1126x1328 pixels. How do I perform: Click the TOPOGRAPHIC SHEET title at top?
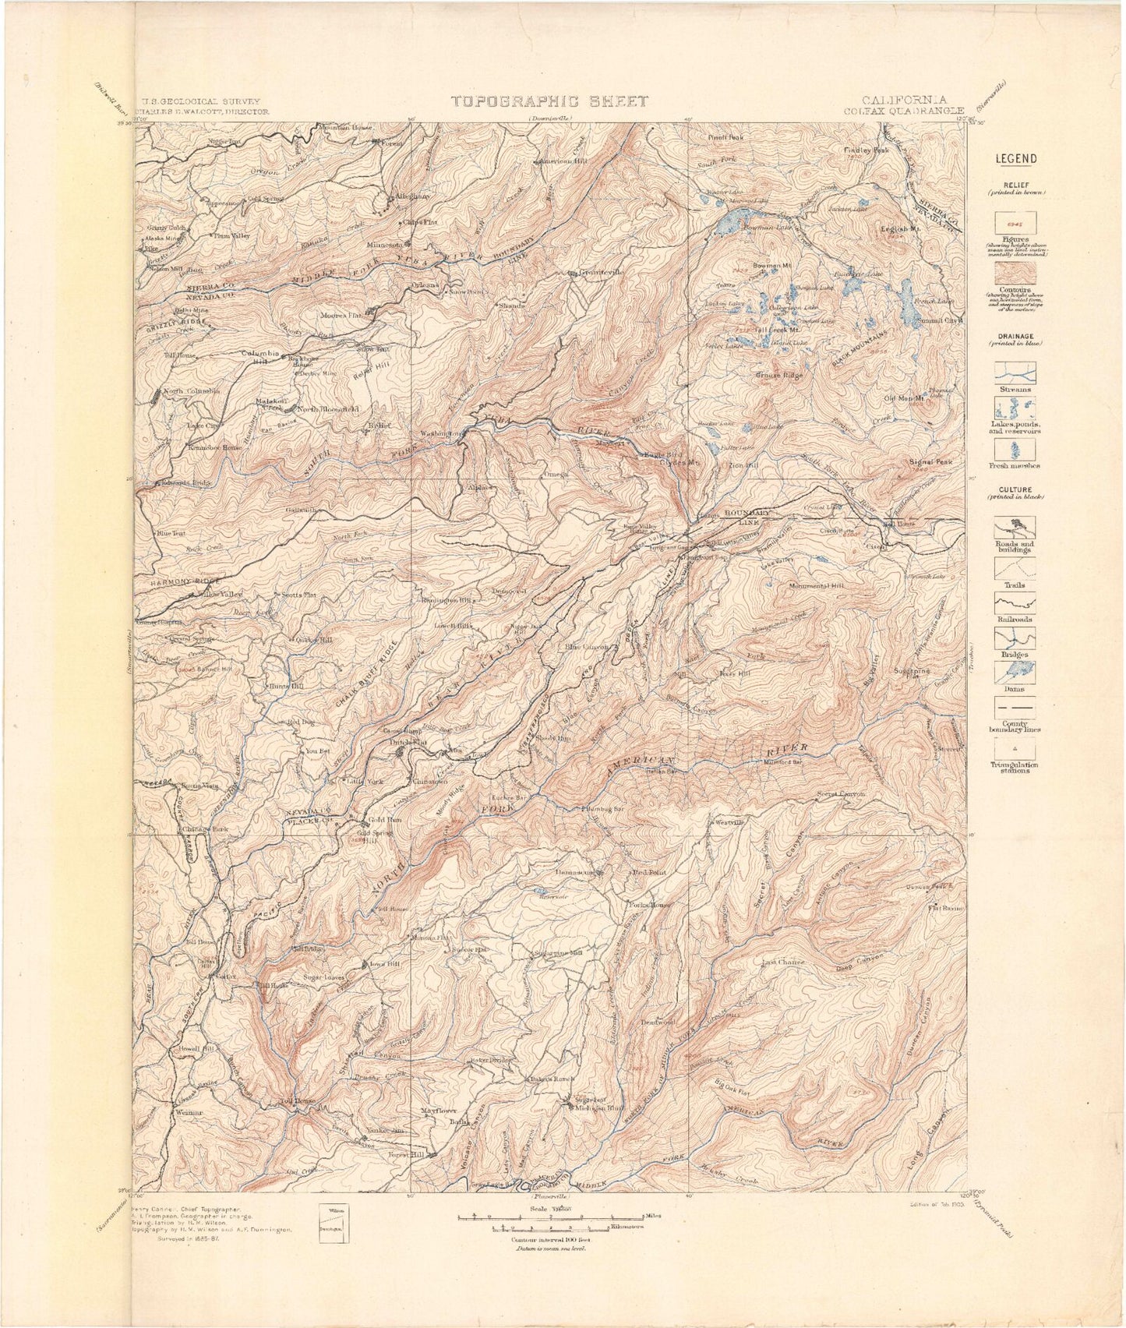coord(549,101)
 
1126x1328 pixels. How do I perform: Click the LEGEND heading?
coord(1017,159)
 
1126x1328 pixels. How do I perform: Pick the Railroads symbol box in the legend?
coord(1015,602)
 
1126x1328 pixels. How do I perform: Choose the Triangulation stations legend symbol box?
coord(1015,746)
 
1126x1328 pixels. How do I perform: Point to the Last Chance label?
coord(783,962)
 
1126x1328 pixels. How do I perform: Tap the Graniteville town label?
coord(600,273)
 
